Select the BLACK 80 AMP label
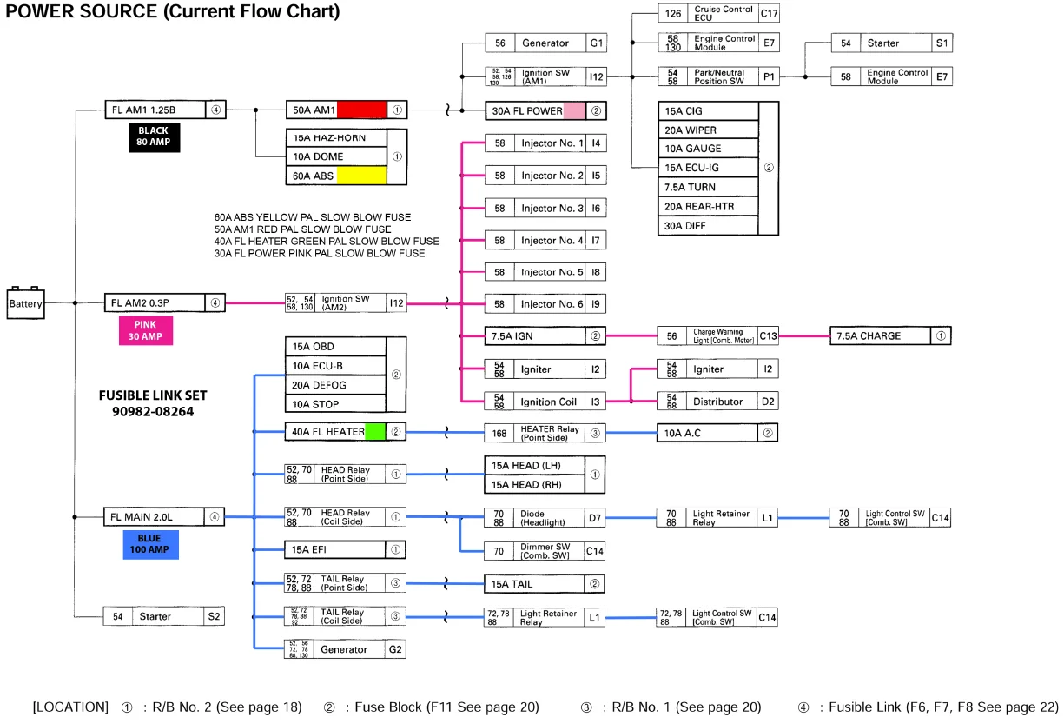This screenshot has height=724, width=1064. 153,137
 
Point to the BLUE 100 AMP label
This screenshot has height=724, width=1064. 149,544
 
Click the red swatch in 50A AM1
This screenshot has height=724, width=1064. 361,110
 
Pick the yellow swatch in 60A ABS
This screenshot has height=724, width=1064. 361,176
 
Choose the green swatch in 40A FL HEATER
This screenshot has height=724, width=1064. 375,431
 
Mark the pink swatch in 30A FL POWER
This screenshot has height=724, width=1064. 574,110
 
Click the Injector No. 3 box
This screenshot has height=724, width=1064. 545,208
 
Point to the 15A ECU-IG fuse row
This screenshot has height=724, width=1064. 709,168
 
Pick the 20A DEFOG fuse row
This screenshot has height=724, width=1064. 335,385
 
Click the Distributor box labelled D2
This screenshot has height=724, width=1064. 717,402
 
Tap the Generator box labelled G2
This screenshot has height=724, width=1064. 346,648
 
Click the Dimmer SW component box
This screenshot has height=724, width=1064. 545,549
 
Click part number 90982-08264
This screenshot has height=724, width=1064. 153,410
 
